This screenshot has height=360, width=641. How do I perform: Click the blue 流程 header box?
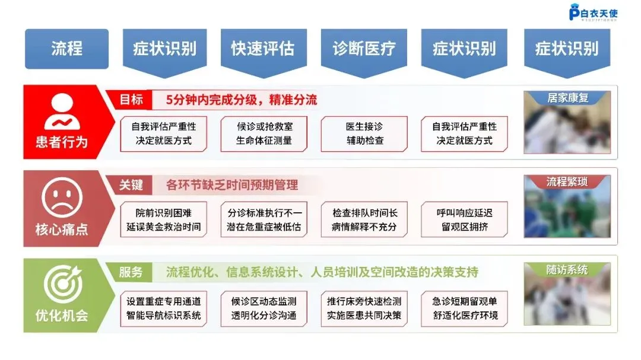[x=66, y=49]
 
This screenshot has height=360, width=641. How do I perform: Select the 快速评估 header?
[x=263, y=49]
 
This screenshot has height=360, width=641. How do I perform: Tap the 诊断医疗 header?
[x=363, y=49]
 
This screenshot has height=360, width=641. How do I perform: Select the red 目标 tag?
[x=132, y=100]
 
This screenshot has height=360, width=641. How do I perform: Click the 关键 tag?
[x=132, y=185]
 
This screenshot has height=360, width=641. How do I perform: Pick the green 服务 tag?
[x=132, y=272]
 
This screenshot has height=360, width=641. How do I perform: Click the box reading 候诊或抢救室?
[x=264, y=134]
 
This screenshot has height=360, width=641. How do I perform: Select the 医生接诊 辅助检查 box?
[x=364, y=134]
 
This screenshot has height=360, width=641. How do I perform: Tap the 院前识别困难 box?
[x=163, y=219]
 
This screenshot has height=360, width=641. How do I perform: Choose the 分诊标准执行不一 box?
[x=264, y=219]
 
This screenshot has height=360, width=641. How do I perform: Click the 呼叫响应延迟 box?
[x=465, y=219]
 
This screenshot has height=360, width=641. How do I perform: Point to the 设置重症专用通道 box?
[x=163, y=308]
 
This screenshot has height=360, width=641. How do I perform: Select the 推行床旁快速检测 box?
[x=364, y=308]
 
